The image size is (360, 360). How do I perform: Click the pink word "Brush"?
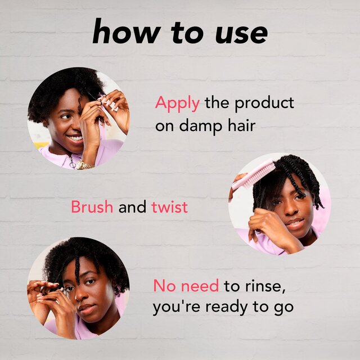point(92,208)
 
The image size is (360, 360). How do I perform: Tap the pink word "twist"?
point(169,208)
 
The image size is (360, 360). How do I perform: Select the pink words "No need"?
point(186,286)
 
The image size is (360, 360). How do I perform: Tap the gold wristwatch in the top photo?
point(84,165)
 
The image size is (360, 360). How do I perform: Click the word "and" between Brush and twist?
point(132,208)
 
